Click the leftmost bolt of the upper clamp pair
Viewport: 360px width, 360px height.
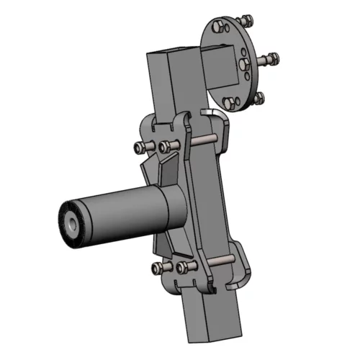click(x=140, y=148)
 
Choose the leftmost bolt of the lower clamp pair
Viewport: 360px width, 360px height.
click(x=158, y=269)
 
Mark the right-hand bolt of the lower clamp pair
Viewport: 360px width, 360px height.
click(x=184, y=267)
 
